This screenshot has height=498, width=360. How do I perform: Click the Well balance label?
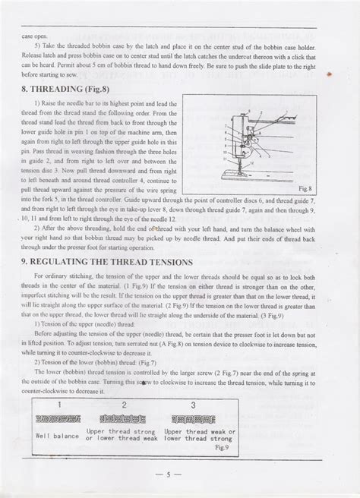58,436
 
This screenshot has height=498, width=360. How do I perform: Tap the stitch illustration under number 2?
123,419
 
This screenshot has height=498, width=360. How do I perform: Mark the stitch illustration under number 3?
193,419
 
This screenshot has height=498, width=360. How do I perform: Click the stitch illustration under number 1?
58,419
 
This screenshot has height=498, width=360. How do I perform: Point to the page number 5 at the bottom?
178,477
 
